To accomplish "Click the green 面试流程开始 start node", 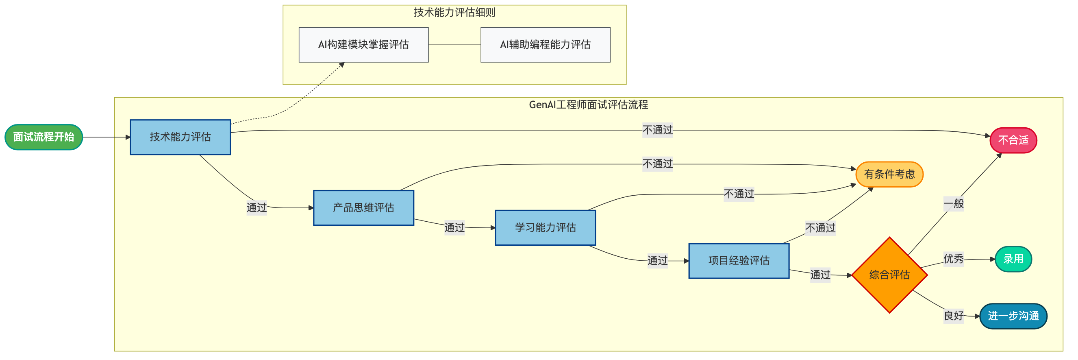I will point(43,137).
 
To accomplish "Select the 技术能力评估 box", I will point(180,137).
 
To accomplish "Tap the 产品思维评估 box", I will point(363,207).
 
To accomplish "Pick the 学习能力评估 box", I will point(545,227).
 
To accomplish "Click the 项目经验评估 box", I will point(739,260).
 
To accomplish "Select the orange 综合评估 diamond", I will point(889,275).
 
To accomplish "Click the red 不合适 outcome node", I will point(1013,140).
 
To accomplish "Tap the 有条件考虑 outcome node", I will point(889,174).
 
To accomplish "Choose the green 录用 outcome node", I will point(1013,259).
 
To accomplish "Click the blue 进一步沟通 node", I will point(1013,316).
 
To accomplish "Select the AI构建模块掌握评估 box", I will point(363,45).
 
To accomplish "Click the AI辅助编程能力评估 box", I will point(545,45).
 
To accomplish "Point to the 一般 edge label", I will point(953,204).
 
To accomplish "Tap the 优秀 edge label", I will point(953,259).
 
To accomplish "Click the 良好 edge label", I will point(953,316).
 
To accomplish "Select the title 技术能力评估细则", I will point(454,13).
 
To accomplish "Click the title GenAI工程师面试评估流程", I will point(588,105).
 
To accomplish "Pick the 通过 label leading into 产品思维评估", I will point(256,207).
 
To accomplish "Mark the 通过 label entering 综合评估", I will point(820,275).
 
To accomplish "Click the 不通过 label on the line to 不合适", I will point(657,130).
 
